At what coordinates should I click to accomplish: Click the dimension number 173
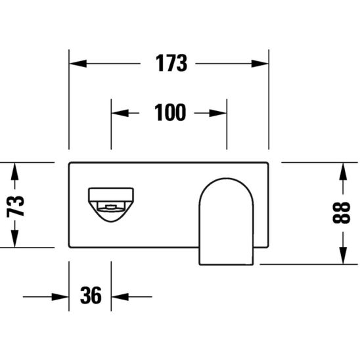pyautogui.click(x=171, y=64)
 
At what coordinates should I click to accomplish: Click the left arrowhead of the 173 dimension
pyautogui.click(x=78, y=64)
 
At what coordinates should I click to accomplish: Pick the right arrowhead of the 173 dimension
pyautogui.click(x=261, y=64)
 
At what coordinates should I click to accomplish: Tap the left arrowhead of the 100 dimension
pyautogui.click(x=119, y=113)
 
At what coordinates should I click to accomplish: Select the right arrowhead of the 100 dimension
pyautogui.click(x=219, y=113)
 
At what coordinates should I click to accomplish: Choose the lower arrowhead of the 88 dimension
pyautogui.click(x=342, y=256)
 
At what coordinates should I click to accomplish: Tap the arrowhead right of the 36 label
pyautogui.click(x=120, y=296)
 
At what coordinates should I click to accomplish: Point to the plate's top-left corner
pyautogui.click(x=70, y=162)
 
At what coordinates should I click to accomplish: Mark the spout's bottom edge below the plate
pyautogui.click(x=226, y=264)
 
